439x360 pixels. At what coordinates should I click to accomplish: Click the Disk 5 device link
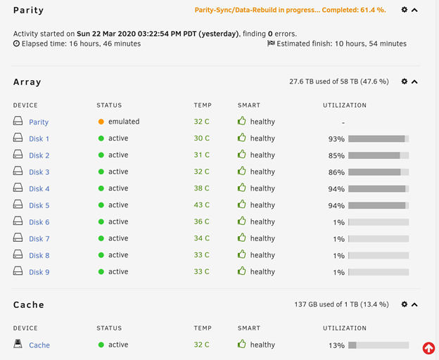coord(39,205)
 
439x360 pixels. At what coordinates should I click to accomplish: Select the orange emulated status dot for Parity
coord(101,122)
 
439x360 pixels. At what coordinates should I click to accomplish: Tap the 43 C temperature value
coord(202,205)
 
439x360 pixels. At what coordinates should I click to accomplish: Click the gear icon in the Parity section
coord(405,10)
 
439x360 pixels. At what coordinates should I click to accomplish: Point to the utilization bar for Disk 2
coord(378,155)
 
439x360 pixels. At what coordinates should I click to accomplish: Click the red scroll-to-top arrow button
coord(428,348)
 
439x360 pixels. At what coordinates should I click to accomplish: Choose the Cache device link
coord(39,345)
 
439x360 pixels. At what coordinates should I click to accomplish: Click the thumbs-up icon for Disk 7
coord(241,238)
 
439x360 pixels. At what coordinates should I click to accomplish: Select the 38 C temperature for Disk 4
coord(202,188)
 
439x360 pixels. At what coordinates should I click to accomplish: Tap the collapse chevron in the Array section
coord(414,82)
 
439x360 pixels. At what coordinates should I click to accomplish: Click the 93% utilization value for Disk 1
coord(336,139)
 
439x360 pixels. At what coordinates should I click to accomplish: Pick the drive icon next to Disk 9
coord(18,271)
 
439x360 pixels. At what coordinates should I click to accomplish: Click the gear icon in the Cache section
coord(405,304)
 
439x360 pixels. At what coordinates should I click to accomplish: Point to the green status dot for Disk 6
coord(101,221)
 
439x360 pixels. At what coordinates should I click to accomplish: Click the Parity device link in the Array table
coord(39,122)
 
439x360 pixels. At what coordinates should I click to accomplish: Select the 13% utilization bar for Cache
coord(378,345)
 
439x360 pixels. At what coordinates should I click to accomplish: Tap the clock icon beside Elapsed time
coord(16,44)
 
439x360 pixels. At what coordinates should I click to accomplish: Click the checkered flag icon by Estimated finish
coord(271,44)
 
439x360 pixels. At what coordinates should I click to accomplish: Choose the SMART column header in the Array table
coord(249,105)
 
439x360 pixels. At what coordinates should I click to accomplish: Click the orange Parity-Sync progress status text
coord(291,10)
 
